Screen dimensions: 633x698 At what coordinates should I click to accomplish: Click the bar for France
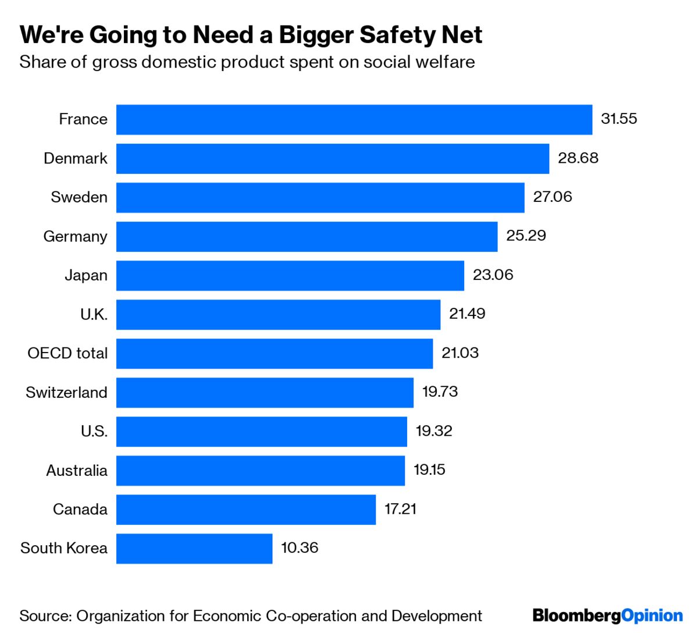point(354,119)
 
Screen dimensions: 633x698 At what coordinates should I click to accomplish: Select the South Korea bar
point(194,549)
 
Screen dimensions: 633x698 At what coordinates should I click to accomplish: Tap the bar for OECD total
point(274,353)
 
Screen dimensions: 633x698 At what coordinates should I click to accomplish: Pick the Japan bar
point(290,275)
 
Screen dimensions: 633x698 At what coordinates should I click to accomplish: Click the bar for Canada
point(245,510)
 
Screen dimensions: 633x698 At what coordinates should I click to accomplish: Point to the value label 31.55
point(619,119)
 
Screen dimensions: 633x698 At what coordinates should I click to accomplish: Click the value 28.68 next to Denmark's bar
point(578,158)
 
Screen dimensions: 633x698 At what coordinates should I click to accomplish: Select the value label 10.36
point(300,548)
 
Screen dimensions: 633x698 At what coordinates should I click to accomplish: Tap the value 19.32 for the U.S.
point(433,431)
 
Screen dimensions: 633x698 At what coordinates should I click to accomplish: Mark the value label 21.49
point(466,314)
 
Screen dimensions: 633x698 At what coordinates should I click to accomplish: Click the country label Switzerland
point(66,392)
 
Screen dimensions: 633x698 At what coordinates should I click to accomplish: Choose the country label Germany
point(75,236)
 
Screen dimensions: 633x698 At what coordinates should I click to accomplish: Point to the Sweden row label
point(79,197)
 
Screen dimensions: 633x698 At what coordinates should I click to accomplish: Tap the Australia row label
point(76,470)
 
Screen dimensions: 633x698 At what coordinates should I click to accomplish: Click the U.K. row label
point(94,315)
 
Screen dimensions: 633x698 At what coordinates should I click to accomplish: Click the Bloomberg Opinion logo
point(607,616)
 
